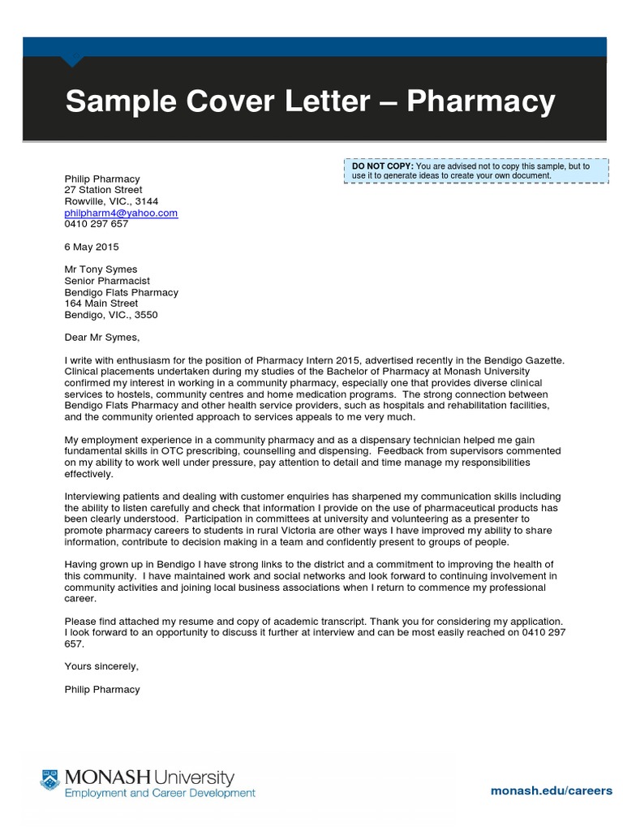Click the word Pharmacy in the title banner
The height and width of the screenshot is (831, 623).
[x=481, y=102]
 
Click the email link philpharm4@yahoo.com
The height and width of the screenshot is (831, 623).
[x=121, y=213]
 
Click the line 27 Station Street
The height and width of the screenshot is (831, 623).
[x=103, y=190]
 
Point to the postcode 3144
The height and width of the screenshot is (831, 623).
[x=147, y=201]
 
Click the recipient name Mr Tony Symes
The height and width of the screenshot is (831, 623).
[x=101, y=269]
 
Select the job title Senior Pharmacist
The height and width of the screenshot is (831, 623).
[x=107, y=281]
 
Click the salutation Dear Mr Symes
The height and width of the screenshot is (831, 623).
[x=102, y=338]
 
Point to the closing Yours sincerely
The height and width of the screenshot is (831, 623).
[x=102, y=666]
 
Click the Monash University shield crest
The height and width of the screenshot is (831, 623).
[x=50, y=780]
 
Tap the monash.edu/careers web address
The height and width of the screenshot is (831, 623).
[x=552, y=790]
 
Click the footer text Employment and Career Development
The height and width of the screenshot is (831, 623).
[x=160, y=793]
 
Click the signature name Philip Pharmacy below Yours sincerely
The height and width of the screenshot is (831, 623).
[x=102, y=689]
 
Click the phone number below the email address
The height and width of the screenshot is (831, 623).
[x=97, y=224]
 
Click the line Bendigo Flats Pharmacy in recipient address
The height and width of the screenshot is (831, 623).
[x=121, y=292]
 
